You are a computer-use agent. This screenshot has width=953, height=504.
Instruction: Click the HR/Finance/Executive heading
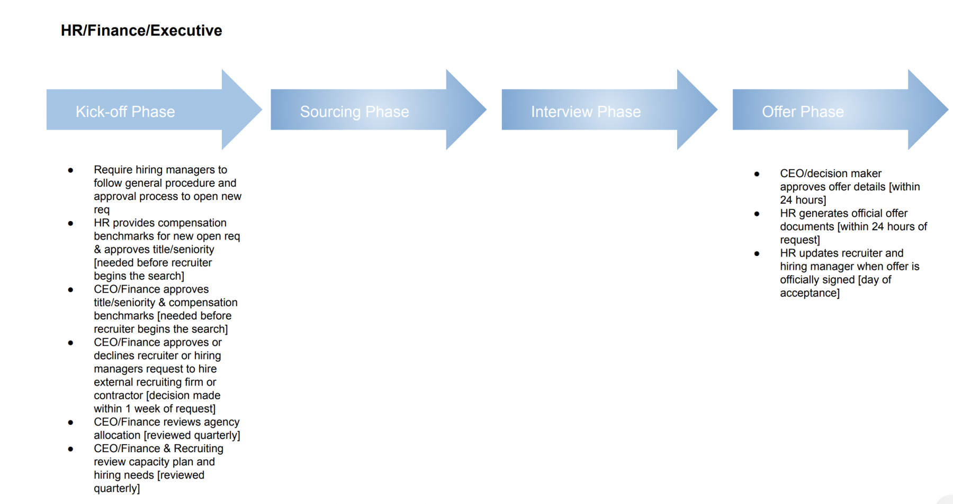[141, 31]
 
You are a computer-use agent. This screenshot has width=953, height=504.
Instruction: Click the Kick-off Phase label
[125, 112]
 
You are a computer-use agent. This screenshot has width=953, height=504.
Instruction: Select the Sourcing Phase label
[354, 112]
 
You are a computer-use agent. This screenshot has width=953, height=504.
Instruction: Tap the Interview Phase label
[586, 112]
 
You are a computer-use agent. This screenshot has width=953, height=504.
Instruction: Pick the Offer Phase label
[803, 112]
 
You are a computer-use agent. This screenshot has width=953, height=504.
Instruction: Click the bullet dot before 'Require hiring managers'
[70, 170]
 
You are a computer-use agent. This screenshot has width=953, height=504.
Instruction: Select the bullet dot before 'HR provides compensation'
[70, 223]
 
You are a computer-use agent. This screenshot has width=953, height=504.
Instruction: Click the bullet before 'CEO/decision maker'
[757, 174]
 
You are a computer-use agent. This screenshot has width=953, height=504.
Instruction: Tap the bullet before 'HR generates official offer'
[757, 214]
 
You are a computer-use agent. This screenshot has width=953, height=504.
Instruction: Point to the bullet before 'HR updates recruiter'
[757, 254]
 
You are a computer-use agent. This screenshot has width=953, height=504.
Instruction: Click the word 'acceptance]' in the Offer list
[810, 293]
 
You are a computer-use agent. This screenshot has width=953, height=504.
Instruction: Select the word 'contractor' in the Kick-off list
[118, 396]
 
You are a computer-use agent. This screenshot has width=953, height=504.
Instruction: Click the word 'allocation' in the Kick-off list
[117, 435]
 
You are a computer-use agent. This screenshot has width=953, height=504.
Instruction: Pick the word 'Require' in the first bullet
[113, 170]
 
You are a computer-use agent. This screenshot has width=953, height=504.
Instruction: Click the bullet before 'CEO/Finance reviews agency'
[70, 423]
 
